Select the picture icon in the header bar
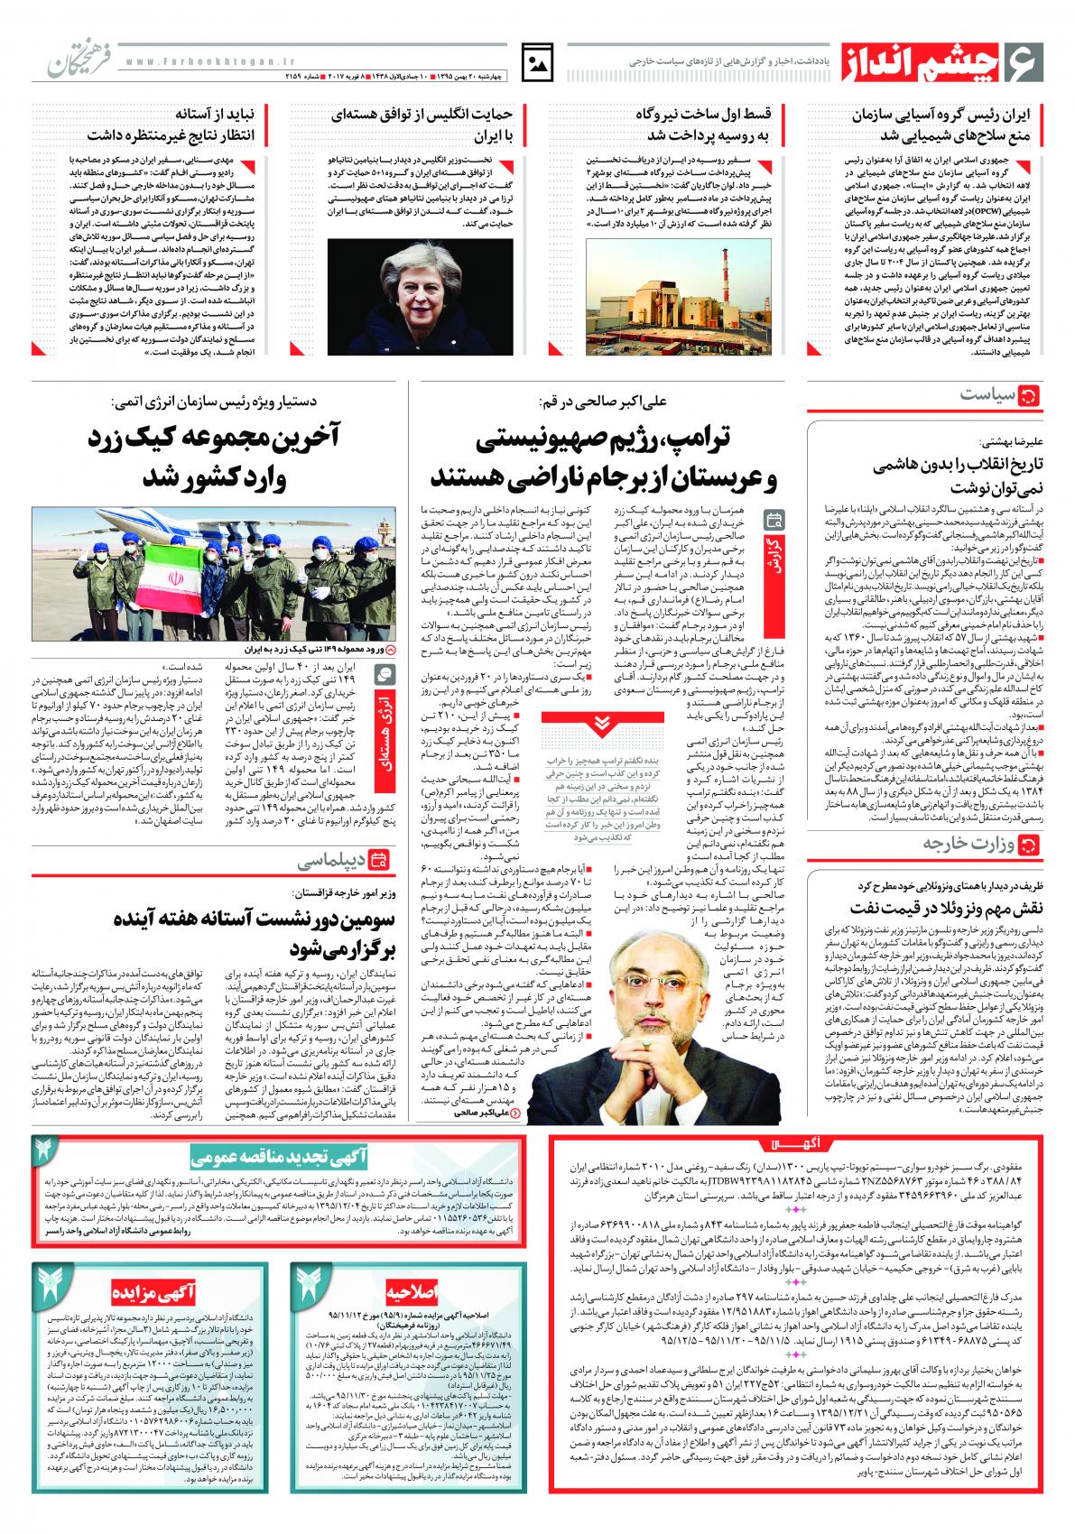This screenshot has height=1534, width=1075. (x=540, y=63)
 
